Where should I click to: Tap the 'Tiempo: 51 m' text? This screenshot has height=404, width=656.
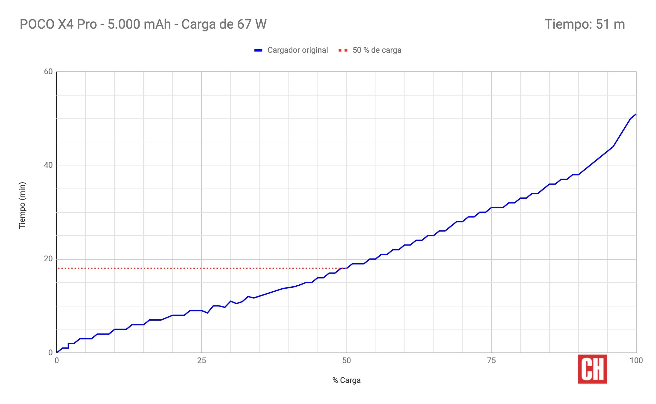coord(585,24)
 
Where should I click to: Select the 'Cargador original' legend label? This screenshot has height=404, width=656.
coord(297,50)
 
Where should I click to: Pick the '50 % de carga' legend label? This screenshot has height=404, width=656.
coord(377,50)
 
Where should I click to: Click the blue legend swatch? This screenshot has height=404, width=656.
coord(258,50)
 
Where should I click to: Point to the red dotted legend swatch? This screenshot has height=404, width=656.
coord(343,50)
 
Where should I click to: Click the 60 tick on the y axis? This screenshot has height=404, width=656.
coord(48,72)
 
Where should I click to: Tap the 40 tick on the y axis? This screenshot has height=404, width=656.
coord(48,165)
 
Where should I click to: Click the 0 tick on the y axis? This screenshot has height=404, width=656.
coord(50,352)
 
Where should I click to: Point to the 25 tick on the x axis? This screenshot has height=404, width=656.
coord(201,361)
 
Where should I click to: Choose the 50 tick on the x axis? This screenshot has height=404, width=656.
coord(346,361)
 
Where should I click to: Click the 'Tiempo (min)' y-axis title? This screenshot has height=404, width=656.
coord(22,205)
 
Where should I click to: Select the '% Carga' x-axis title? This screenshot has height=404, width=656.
coord(346,380)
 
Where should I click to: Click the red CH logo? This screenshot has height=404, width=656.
coord(592,369)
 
